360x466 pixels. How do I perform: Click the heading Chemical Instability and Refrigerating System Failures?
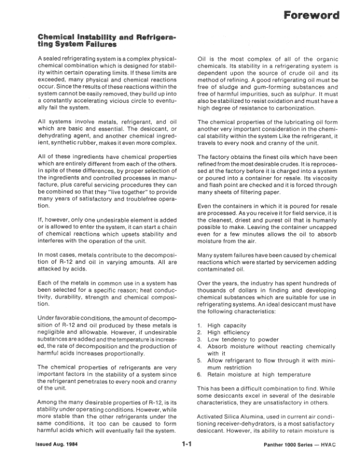pyautogui.click(x=106, y=40)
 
